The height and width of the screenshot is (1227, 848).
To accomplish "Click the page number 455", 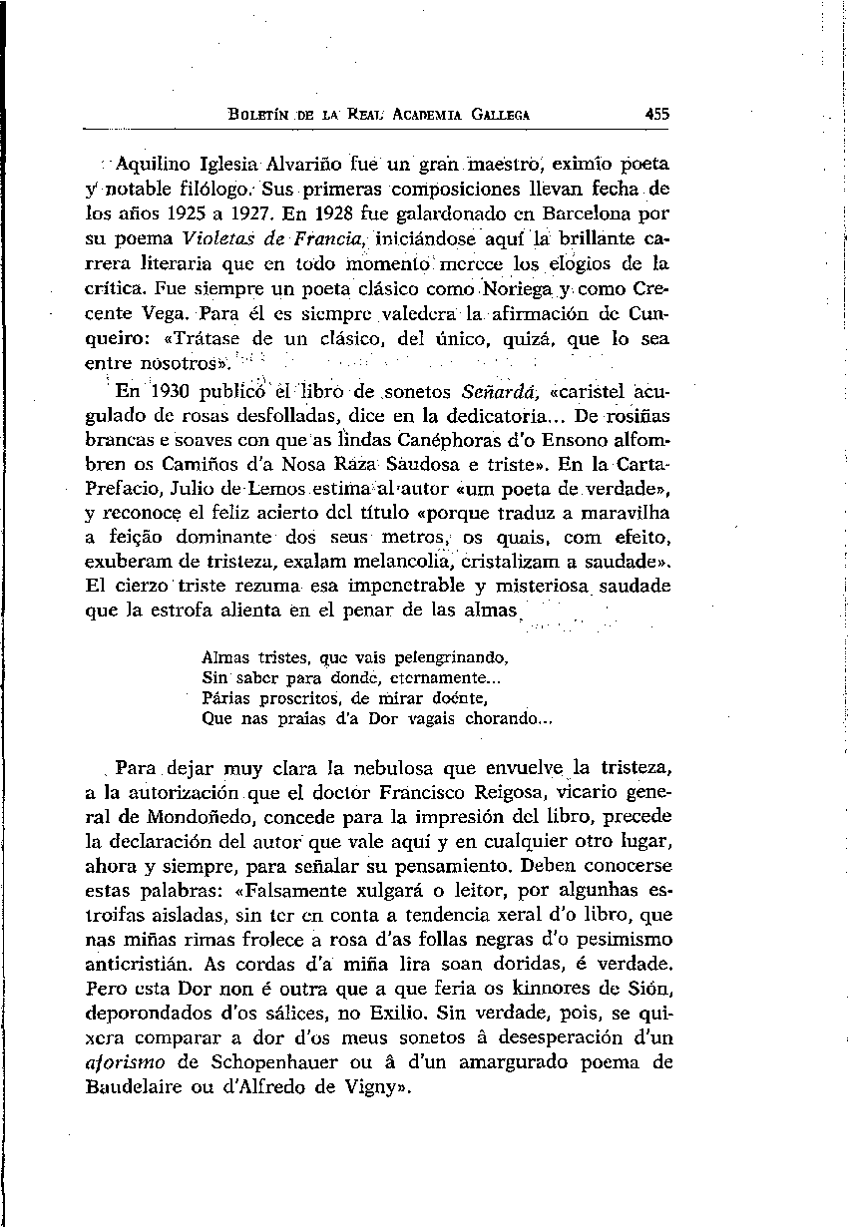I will click(x=656, y=115).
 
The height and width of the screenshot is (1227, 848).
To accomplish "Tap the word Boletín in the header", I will click(x=259, y=116).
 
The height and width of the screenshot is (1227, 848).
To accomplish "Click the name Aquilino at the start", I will click(x=149, y=163).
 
